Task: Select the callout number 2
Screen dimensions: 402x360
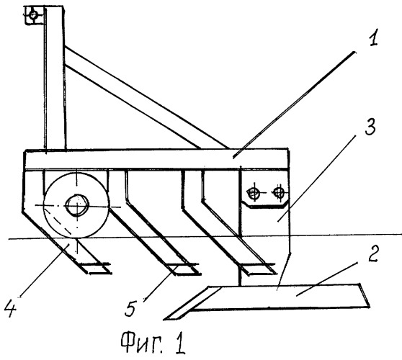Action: point(373,253)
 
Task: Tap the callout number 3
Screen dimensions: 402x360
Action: point(370,126)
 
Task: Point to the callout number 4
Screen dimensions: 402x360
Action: point(11,309)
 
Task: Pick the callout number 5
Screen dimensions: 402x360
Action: point(130,308)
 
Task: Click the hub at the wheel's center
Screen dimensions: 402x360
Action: point(77,205)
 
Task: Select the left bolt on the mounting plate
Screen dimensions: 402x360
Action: point(253,193)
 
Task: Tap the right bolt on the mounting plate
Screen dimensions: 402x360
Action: point(279,192)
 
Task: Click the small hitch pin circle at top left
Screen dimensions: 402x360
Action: point(33,15)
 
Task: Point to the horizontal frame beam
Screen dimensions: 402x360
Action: point(156,159)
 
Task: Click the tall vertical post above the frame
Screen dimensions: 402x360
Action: point(54,77)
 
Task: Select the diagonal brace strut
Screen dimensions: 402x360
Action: point(146,97)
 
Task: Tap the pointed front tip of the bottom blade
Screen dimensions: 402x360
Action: point(164,319)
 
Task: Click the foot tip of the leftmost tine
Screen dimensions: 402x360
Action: point(110,272)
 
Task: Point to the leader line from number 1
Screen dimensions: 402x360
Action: point(295,104)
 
